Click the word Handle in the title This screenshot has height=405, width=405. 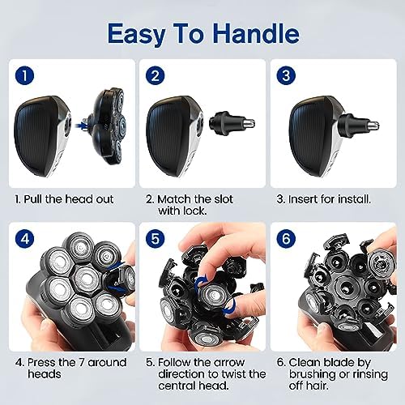point(256,33)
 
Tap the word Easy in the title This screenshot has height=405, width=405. point(136,35)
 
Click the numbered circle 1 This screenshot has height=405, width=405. point(24,76)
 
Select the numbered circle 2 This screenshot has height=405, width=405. point(156,76)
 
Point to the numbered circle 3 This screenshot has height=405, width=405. point(286,76)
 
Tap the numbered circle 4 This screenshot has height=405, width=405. point(24,239)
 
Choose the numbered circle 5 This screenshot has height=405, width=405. point(156,239)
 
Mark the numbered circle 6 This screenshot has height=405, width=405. point(286,239)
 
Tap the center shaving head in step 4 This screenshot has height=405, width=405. point(87,279)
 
